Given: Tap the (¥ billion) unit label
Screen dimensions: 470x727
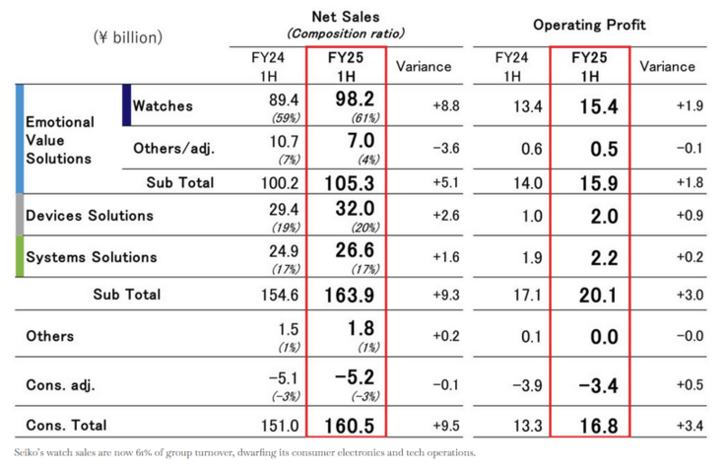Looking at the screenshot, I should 130,37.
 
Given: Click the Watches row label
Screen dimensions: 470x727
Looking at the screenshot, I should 164,105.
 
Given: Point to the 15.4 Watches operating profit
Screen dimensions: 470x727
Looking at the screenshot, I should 598,106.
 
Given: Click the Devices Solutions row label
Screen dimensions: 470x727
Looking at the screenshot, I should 90,215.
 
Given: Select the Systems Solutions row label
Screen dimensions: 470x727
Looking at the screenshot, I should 92,257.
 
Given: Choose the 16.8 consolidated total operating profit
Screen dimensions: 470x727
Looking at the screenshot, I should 598,426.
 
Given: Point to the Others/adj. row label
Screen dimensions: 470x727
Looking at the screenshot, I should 174,149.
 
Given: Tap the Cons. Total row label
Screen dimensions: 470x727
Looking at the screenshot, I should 67,426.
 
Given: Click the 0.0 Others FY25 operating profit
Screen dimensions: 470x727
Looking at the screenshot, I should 598,336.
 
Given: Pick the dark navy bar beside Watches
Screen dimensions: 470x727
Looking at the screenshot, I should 126,105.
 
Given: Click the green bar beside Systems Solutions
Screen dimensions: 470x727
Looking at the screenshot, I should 20,256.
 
